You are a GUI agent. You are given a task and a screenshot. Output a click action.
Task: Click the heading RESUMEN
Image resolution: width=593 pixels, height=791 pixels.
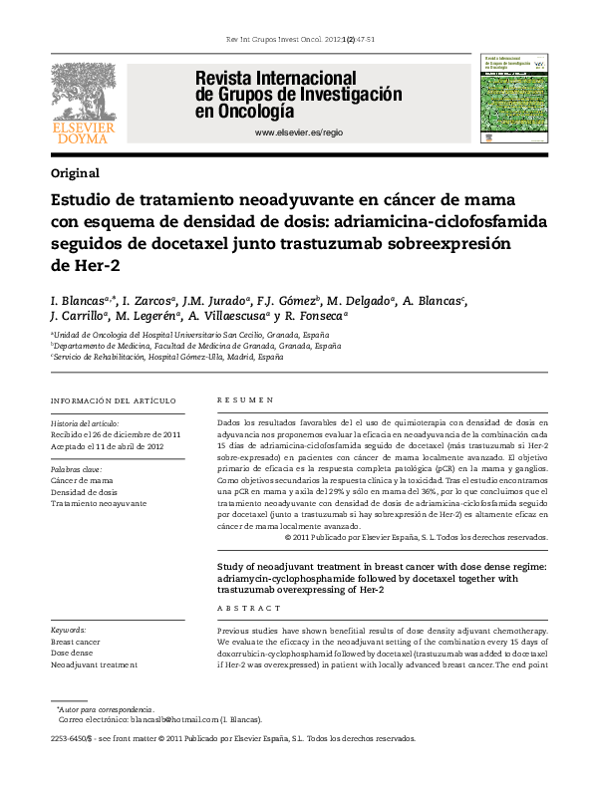pos(246,400)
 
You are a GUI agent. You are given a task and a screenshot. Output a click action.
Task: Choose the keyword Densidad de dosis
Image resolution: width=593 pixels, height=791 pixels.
pos(84,492)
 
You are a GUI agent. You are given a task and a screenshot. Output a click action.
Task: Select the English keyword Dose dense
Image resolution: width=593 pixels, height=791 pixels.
pos(73,654)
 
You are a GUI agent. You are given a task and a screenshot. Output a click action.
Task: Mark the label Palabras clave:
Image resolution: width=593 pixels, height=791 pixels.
pos(76,468)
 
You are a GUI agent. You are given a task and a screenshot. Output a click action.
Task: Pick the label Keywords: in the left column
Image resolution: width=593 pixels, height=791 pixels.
pos(69,631)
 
